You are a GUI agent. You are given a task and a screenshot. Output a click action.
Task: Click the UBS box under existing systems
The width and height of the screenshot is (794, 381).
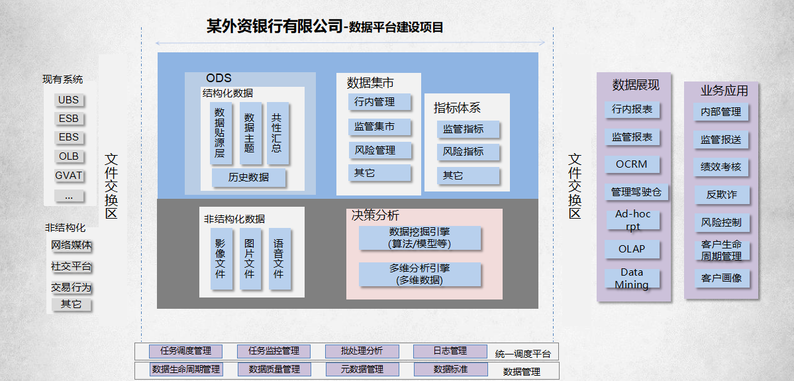pyautogui.click(x=68, y=100)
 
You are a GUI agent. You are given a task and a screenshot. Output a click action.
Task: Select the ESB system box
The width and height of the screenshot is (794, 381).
pyautogui.click(x=68, y=119)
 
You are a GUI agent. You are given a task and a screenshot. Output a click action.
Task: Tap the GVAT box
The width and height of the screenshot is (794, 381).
pyautogui.click(x=68, y=176)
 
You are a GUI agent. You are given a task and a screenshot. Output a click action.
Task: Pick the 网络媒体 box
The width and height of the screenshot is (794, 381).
pyautogui.click(x=72, y=245)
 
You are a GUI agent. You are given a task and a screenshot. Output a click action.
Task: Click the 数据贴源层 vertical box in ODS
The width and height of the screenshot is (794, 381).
pyautogui.click(x=220, y=133)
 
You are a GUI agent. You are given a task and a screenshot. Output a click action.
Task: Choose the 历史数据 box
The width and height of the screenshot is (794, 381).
pyautogui.click(x=249, y=177)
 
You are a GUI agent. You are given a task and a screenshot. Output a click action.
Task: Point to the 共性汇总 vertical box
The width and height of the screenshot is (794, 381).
pyautogui.click(x=277, y=133)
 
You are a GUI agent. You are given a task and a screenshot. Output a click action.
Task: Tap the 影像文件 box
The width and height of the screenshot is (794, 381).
pyautogui.click(x=221, y=259)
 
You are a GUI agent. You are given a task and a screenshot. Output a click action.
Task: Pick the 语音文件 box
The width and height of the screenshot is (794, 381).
pyautogui.click(x=279, y=259)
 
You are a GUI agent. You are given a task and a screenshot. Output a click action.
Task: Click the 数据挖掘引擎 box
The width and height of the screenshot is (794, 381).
pyautogui.click(x=420, y=238)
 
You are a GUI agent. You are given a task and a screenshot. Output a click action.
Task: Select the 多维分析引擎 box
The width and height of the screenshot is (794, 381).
pyautogui.click(x=420, y=274)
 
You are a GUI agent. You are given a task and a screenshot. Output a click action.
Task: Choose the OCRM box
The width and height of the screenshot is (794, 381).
pyautogui.click(x=632, y=164)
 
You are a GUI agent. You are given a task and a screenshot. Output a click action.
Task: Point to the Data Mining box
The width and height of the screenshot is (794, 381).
pyautogui.click(x=632, y=278)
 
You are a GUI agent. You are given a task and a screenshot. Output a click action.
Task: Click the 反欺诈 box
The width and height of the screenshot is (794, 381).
pyautogui.click(x=721, y=195)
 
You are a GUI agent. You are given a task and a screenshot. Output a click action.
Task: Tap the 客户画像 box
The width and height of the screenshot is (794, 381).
pyautogui.click(x=721, y=278)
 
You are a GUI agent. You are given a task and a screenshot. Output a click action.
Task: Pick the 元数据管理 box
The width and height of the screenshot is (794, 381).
pyautogui.click(x=362, y=369)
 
